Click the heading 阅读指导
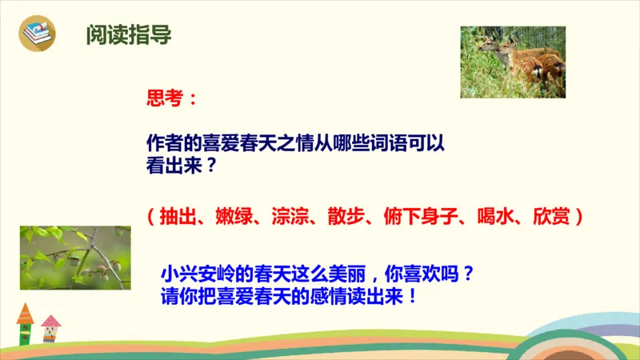click(x=129, y=36)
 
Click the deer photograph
click(x=512, y=62)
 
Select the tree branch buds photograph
click(x=75, y=257)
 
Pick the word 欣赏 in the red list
click(x=546, y=215)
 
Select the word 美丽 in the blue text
click(x=343, y=273)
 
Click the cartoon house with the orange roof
click(x=26, y=323)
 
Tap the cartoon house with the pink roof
click(x=51, y=328)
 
